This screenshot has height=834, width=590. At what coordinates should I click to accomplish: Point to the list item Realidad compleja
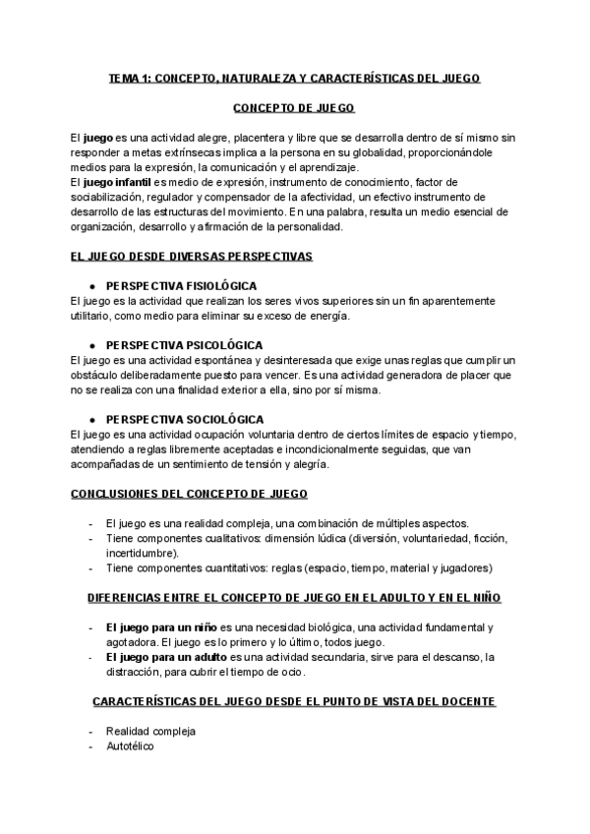coord(150,731)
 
